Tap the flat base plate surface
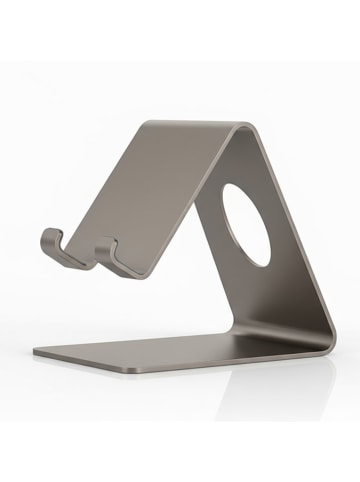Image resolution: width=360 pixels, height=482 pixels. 180,340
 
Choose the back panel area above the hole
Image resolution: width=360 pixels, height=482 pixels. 240,150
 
